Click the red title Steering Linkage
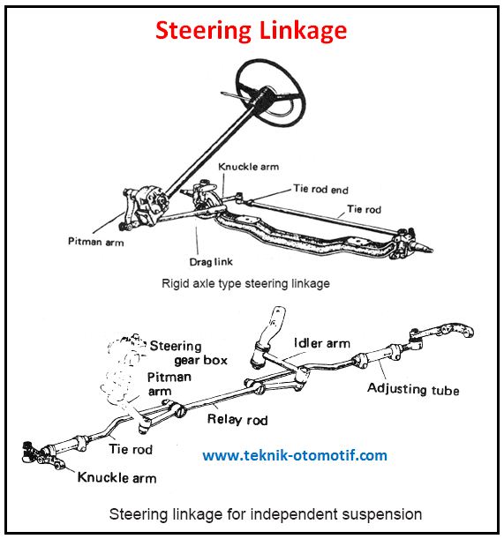point(252,30)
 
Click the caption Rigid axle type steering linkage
point(245,284)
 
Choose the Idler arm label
point(320,343)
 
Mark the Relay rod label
point(236,419)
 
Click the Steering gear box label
point(188,353)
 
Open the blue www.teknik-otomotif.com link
point(295,456)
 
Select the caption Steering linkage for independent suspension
point(265,513)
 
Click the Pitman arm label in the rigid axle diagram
point(95,240)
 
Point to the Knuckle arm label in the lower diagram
point(117,477)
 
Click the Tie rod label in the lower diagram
point(130,449)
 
